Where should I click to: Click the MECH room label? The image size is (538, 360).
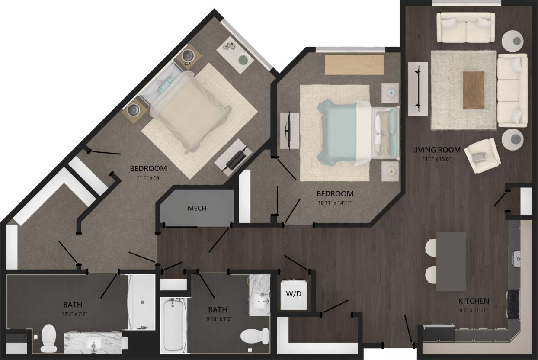click(197, 208)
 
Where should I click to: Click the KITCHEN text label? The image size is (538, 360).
click(474, 301)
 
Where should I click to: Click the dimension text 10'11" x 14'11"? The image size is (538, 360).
click(335, 202)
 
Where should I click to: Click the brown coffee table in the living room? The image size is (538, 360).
click(474, 90)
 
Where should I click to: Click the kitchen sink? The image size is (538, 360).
click(517, 258)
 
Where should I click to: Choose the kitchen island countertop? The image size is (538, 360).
click(451, 261)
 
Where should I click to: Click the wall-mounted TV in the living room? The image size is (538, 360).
click(418, 88)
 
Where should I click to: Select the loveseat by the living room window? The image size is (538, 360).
click(465, 27)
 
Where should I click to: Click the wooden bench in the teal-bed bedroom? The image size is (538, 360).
click(354, 64)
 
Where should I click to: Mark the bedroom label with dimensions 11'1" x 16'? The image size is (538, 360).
click(148, 172)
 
